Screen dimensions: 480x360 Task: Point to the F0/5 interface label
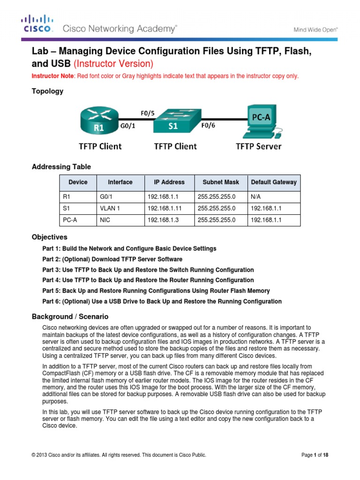pyautogui.click(x=148, y=112)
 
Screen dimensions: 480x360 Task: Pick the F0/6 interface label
pyautogui.click(x=208, y=126)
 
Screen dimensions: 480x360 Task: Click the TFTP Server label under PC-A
pyautogui.click(x=258, y=146)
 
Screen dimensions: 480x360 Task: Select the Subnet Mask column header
pyautogui.click(x=220, y=182)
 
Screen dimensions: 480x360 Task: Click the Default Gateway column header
pyautogui.click(x=274, y=182)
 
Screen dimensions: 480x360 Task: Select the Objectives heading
pyautogui.click(x=49, y=237)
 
